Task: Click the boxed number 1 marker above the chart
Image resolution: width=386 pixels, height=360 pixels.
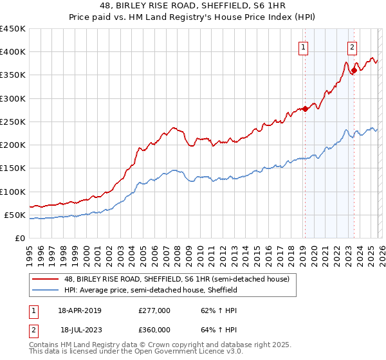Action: coord(303,46)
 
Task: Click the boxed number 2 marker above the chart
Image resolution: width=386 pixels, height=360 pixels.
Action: coord(353,46)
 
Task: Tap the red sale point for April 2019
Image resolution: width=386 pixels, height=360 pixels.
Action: coord(305,109)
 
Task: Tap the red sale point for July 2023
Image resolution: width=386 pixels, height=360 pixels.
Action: coord(353,70)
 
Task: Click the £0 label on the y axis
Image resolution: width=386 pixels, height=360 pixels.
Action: coord(19,238)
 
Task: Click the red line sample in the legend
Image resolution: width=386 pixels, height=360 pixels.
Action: coord(46,280)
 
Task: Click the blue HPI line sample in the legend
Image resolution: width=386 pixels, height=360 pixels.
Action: coord(46,290)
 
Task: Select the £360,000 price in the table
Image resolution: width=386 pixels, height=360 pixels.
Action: coord(154,329)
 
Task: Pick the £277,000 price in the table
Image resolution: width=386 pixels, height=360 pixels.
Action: coord(154,310)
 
